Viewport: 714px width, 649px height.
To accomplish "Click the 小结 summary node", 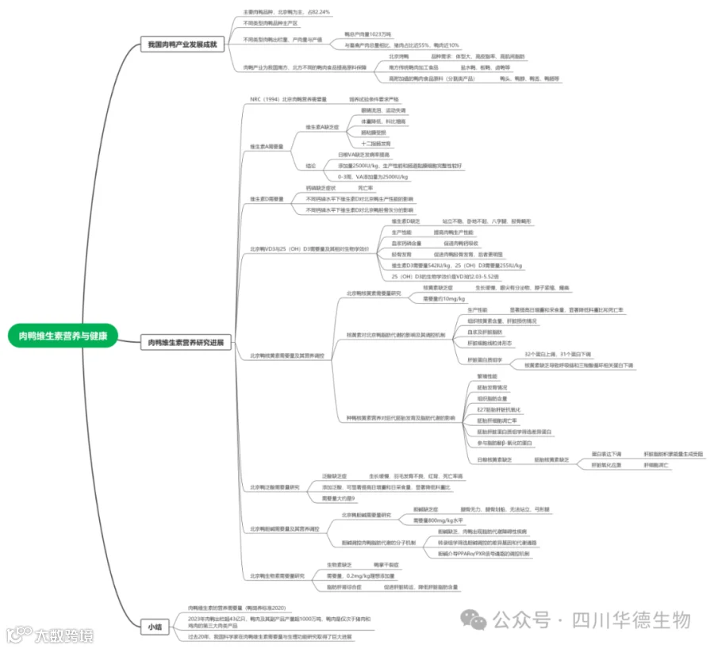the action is [153, 626].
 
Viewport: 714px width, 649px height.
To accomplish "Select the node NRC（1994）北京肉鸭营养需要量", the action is [288, 99].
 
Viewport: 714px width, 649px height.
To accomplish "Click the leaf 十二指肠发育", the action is [376, 144].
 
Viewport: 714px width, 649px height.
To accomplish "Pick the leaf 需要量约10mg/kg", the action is [443, 298].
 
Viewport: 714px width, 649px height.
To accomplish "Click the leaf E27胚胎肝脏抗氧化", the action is [498, 409].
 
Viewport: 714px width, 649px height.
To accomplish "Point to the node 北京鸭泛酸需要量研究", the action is [275, 486].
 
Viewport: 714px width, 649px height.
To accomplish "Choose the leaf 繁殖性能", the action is [487, 376].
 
